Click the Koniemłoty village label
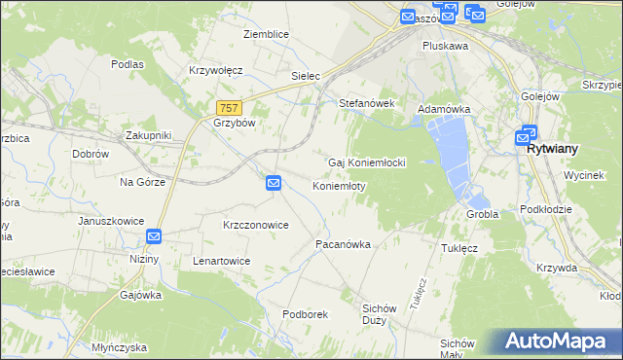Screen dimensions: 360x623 tap(338, 186)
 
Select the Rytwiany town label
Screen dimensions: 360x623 tap(552, 149)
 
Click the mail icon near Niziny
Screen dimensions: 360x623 tap(154, 236)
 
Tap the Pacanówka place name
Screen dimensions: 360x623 tap(343, 245)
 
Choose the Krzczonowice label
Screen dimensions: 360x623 tap(255, 225)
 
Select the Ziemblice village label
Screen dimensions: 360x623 tap(266, 34)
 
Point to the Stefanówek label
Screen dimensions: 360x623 tap(365, 102)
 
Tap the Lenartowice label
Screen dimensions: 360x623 tap(221, 262)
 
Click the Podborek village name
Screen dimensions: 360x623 tap(305, 314)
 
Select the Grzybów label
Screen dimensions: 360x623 tap(234, 124)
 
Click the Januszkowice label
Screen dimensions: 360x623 tap(111, 221)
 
